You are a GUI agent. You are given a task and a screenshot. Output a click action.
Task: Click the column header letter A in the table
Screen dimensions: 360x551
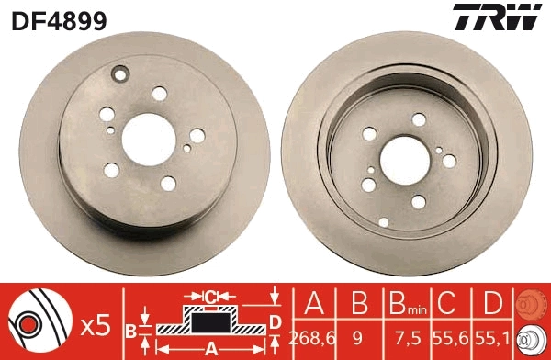click(x=310, y=303)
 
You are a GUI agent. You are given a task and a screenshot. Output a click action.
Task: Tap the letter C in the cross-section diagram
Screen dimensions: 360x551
click(x=210, y=297)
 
